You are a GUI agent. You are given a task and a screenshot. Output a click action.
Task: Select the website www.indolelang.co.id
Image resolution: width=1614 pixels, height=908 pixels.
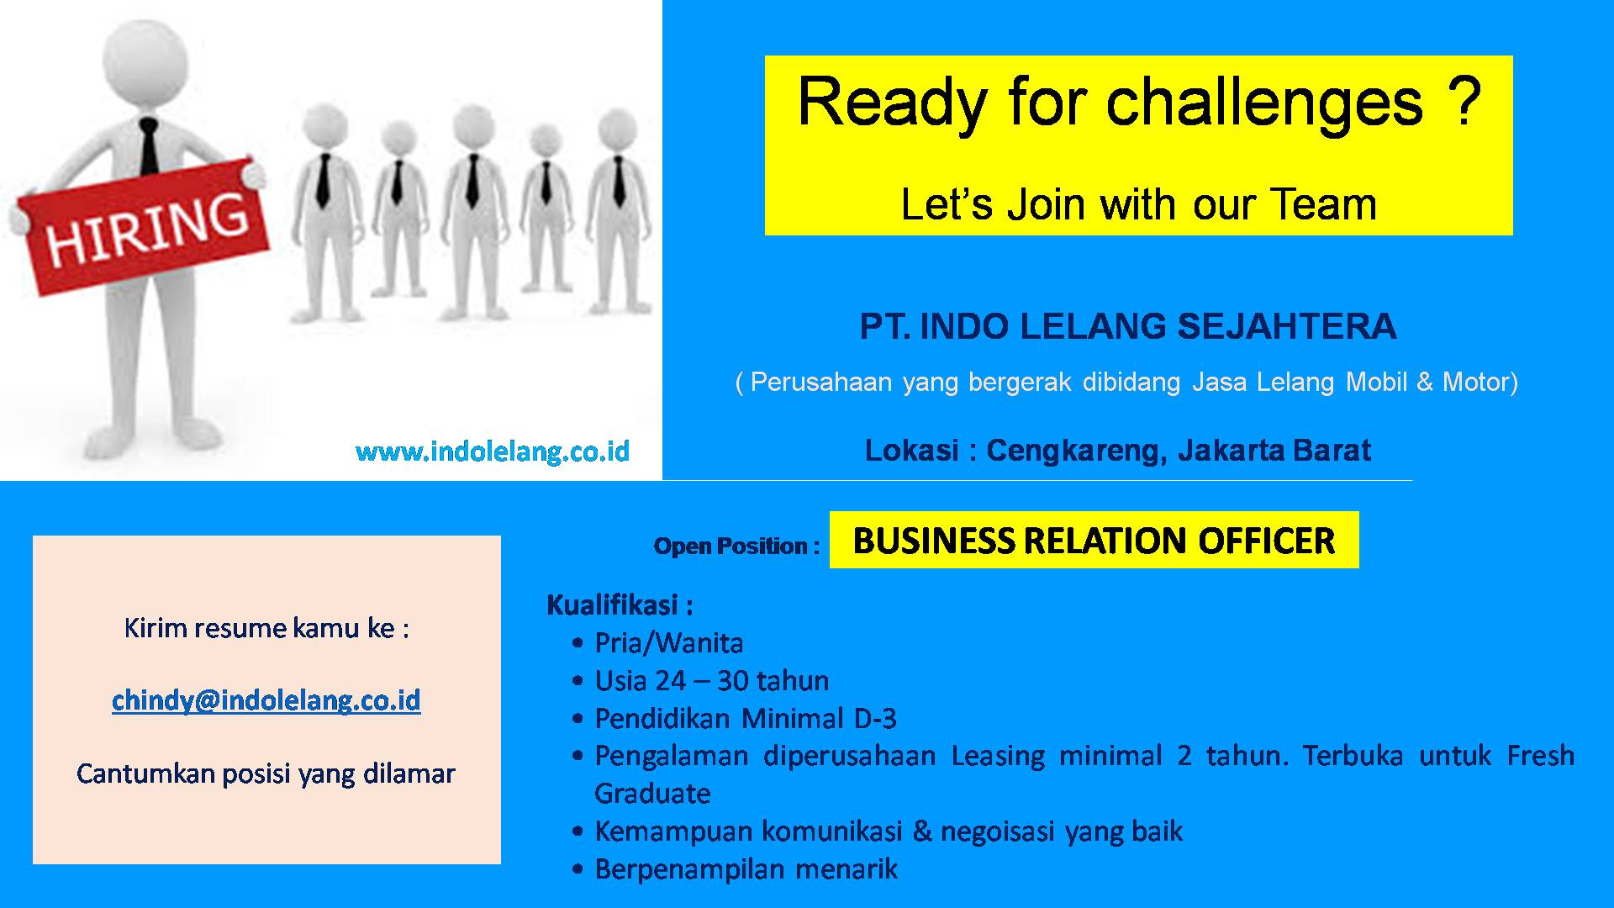click(x=493, y=451)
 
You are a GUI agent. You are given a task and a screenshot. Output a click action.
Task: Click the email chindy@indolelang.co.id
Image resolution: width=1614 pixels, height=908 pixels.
click(x=266, y=700)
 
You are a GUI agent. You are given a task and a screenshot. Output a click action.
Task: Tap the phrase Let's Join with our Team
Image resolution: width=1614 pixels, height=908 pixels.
click(x=1138, y=204)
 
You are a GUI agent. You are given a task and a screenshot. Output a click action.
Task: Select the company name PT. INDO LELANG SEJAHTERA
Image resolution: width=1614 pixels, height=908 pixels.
click(x=1128, y=327)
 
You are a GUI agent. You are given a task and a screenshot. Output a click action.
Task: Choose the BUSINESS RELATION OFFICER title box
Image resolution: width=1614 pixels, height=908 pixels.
click(x=1094, y=540)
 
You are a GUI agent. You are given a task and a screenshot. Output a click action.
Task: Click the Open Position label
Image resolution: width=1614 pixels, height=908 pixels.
click(x=736, y=546)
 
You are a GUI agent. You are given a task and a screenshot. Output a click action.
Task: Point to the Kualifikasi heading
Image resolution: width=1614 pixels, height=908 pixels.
click(x=620, y=604)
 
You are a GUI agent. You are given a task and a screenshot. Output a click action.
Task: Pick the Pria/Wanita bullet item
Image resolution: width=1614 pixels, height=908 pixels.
click(x=669, y=643)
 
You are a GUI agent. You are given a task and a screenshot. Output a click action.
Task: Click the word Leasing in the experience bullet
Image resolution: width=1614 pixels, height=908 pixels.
click(x=999, y=757)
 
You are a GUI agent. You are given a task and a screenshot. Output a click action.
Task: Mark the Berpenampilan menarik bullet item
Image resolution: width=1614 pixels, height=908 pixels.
click(x=746, y=869)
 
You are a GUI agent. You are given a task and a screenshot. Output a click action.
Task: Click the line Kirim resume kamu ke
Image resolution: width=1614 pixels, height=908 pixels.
click(x=266, y=628)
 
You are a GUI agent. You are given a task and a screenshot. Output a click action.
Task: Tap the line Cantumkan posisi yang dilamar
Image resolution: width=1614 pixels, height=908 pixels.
click(x=266, y=773)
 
